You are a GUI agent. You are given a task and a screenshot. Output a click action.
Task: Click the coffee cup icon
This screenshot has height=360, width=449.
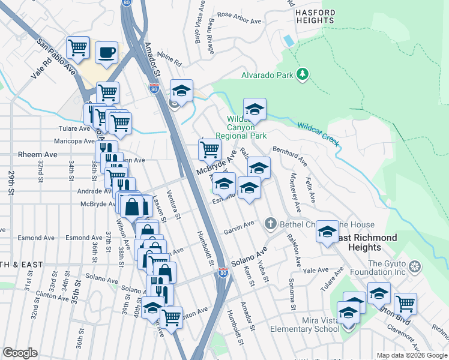[x=107, y=52]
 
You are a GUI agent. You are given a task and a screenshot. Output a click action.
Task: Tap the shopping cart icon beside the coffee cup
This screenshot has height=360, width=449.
[x=78, y=47]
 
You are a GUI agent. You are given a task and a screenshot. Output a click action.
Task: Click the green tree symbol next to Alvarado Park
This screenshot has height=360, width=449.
[x=304, y=74]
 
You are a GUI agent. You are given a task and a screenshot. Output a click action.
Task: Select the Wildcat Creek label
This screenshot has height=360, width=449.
[x=318, y=133]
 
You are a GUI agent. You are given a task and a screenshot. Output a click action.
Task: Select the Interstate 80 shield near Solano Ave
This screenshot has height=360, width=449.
[x=223, y=273]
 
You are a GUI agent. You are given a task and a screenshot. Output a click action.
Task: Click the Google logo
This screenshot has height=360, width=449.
[x=20, y=353]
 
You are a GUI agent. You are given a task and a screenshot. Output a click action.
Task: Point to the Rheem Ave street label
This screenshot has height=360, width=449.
[x=37, y=154]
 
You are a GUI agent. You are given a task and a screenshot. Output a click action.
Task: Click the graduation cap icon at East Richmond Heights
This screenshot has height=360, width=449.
[x=327, y=231]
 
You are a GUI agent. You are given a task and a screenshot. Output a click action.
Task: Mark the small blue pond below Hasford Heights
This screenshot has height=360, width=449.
[x=289, y=41]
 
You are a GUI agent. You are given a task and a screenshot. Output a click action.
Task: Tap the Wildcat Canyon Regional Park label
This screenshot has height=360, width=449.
[x=240, y=128]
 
